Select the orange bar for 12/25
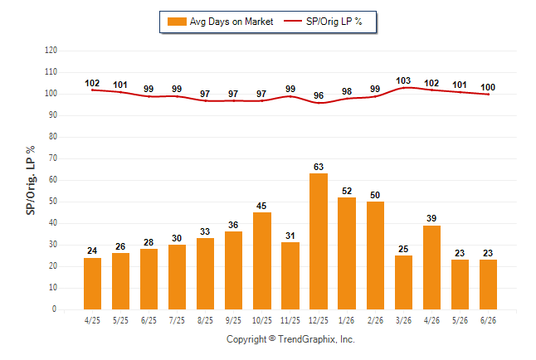click(x=319, y=241)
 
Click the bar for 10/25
click(x=262, y=260)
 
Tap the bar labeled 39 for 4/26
click(x=431, y=267)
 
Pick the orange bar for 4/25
click(x=92, y=284)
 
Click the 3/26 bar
click(x=403, y=282)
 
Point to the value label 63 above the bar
click(x=319, y=167)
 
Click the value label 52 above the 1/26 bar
click(x=347, y=191)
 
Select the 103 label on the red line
click(x=403, y=80)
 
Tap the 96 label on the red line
click(x=319, y=95)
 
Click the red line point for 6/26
click(x=488, y=95)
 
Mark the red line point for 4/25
click(x=92, y=90)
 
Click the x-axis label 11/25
click(x=290, y=320)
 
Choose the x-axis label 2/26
click(x=375, y=320)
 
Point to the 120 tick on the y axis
click(x=51, y=51)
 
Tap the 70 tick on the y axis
click(x=52, y=158)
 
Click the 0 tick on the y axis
click(x=54, y=309)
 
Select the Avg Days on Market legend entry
click(x=220, y=22)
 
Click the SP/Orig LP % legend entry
click(x=323, y=22)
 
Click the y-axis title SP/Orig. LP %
click(x=31, y=181)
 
